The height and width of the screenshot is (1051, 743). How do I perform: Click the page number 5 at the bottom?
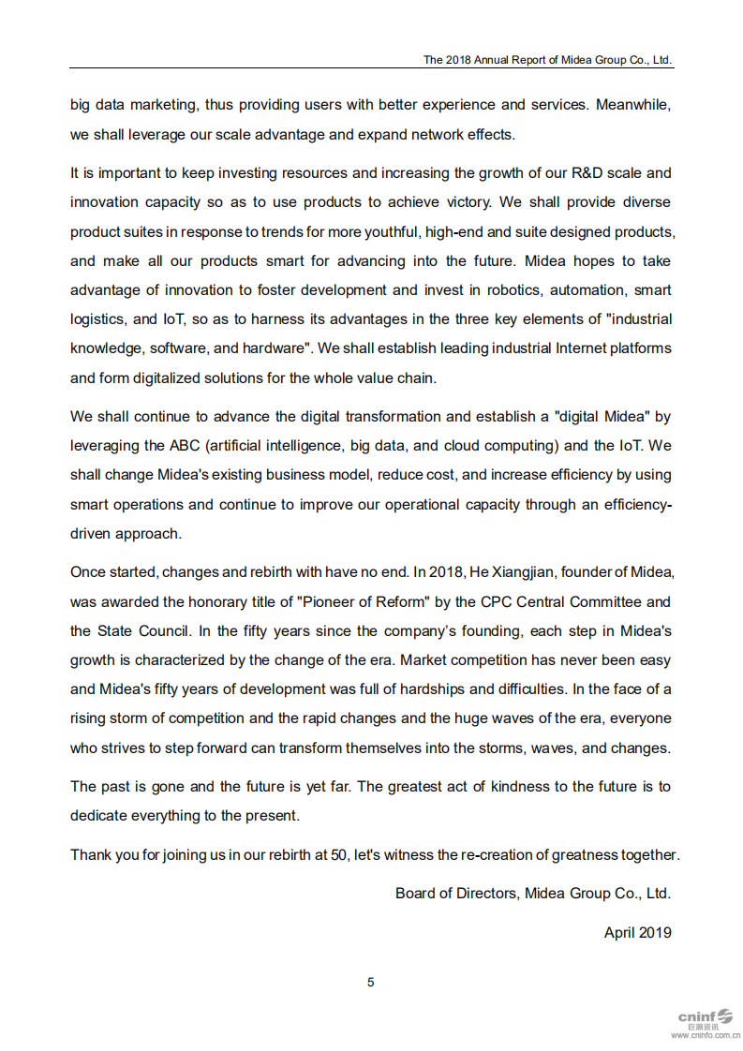tap(371, 982)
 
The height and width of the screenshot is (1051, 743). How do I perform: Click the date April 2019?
tap(637, 932)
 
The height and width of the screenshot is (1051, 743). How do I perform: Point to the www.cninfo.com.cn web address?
tap(705, 1035)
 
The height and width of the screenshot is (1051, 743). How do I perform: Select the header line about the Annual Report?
tap(547, 59)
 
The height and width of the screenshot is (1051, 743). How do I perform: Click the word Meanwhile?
tap(633, 105)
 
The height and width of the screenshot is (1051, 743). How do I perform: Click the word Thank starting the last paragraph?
tap(91, 855)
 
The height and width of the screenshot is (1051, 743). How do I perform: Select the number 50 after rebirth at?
tap(339, 855)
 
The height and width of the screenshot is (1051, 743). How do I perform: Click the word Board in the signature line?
tap(415, 894)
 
